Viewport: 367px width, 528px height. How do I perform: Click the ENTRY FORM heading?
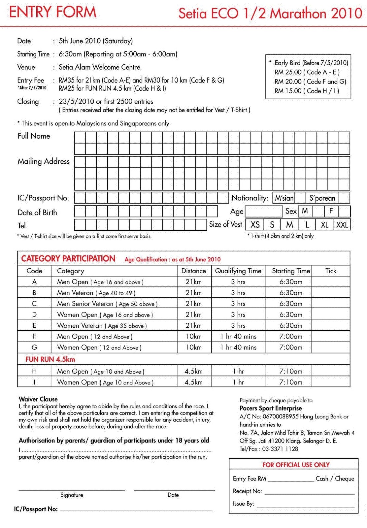click(x=52, y=12)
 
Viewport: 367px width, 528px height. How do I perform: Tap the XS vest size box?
click(x=255, y=225)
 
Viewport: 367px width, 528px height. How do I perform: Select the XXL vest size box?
click(x=342, y=225)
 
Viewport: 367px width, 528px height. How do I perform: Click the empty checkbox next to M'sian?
click(x=300, y=198)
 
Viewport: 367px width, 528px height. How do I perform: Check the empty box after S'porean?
click(x=344, y=198)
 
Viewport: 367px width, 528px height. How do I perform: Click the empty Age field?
click(x=264, y=211)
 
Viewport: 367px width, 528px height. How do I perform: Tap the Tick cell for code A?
click(x=331, y=282)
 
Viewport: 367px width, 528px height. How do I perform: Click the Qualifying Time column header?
click(x=238, y=271)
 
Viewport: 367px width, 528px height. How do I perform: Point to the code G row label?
click(x=34, y=347)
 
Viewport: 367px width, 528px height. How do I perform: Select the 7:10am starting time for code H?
click(x=291, y=371)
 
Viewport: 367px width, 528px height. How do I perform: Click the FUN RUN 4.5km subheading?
click(x=50, y=359)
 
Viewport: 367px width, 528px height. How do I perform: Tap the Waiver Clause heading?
click(x=38, y=399)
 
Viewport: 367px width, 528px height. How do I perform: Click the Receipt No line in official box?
click(x=309, y=492)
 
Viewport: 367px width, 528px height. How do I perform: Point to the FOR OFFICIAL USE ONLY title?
click(x=296, y=465)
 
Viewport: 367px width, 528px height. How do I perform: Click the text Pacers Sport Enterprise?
click(x=271, y=408)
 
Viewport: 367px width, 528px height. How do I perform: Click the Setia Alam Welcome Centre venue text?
click(x=99, y=67)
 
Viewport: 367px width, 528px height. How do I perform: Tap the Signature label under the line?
click(x=72, y=495)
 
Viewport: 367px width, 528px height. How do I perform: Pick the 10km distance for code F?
click(x=193, y=336)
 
